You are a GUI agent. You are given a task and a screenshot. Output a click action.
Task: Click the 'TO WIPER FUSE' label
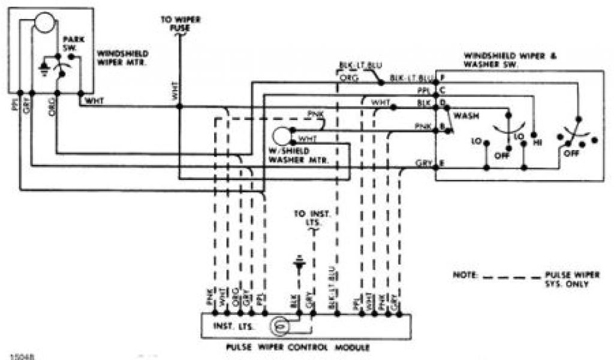pyautogui.click(x=180, y=23)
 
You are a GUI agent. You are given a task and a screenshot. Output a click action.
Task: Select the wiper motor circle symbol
pyautogui.click(x=44, y=23)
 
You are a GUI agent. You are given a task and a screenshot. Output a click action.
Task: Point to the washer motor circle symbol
pyautogui.click(x=281, y=136)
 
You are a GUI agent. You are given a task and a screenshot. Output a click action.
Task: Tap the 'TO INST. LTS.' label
pyautogui.click(x=307, y=217)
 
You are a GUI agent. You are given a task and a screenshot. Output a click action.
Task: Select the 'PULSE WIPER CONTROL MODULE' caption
pyautogui.click(x=305, y=347)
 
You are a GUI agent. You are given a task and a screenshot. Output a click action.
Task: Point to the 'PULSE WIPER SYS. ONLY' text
pyautogui.click(x=566, y=279)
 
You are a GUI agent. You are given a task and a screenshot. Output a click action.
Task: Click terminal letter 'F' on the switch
pyautogui.click(x=442, y=78)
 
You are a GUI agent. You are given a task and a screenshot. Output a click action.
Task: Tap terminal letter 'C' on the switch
pyautogui.click(x=442, y=91)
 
